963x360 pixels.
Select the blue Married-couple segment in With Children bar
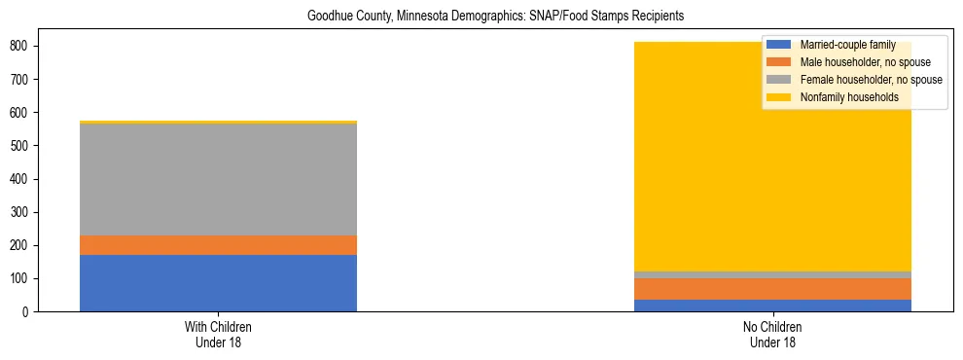[218, 283]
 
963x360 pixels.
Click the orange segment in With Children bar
[218, 245]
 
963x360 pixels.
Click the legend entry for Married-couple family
[840, 45]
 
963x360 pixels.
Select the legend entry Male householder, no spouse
[851, 62]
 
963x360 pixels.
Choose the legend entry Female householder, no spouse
[856, 80]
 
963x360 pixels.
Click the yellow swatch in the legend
[779, 97]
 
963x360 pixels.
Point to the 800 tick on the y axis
[26, 46]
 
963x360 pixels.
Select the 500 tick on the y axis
[26, 146]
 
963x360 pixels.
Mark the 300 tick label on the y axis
[26, 212]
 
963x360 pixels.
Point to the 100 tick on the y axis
[26, 279]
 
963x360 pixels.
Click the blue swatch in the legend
[779, 45]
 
